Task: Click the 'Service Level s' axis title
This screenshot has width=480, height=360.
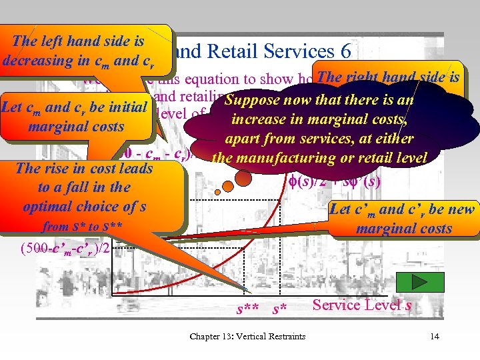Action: coord(362,305)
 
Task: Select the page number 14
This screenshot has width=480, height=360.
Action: coord(435,336)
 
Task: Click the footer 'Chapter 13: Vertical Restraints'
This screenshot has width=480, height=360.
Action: coord(247,336)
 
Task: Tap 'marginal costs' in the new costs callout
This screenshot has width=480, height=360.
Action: coord(404,229)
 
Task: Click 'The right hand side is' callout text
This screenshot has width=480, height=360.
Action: coord(387,77)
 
